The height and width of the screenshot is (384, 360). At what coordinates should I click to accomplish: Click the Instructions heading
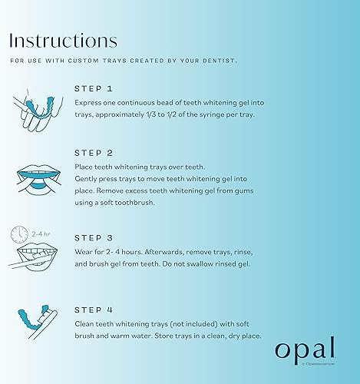63,40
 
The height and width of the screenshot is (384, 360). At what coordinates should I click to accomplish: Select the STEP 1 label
95,88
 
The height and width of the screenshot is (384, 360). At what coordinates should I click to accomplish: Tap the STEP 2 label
95,152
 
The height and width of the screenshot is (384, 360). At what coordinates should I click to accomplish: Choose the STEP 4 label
95,310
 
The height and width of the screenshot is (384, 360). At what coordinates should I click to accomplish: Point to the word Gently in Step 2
89,178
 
